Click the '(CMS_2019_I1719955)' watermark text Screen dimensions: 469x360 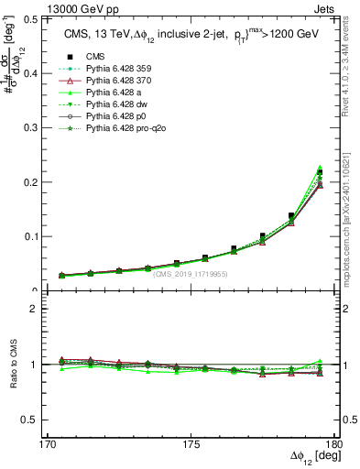click(x=191, y=274)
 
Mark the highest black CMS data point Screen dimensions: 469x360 click(x=320, y=173)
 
